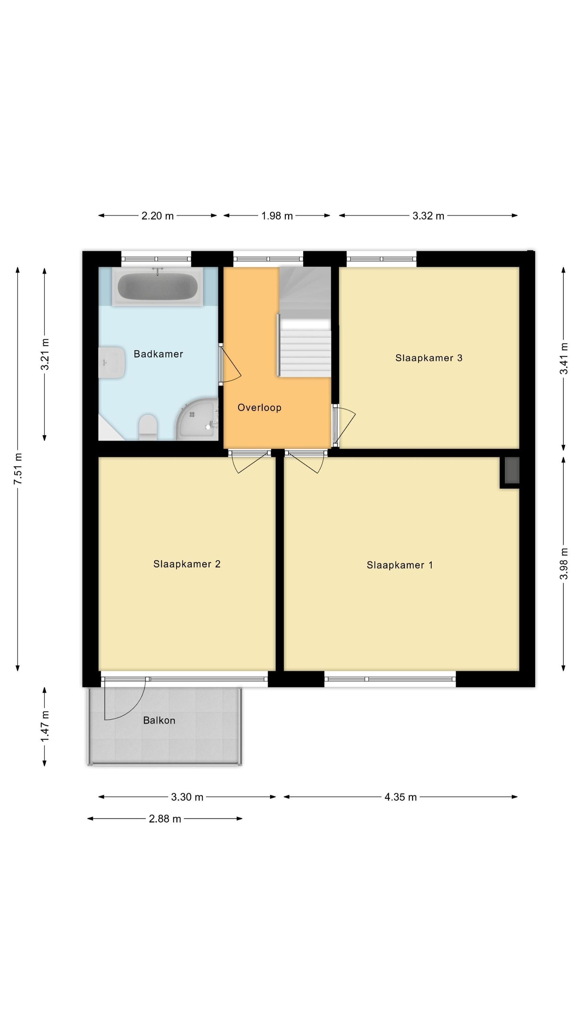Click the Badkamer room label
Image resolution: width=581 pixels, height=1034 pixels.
[158, 354]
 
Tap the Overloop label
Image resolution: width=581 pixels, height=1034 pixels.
[259, 407]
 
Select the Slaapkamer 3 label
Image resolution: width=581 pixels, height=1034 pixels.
[429, 358]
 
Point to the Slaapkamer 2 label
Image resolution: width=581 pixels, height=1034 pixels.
[187, 564]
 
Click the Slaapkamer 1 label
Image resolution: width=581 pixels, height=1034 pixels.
[400, 565]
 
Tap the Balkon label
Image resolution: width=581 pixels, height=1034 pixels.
[159, 720]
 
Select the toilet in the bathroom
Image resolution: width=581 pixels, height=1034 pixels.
[148, 427]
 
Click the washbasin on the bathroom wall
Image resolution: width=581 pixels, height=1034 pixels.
[112, 363]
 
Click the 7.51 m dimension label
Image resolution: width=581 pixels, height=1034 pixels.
[18, 468]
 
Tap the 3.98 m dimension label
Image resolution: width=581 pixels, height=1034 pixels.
[564, 564]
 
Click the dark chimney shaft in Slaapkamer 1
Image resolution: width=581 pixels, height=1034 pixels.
[511, 470]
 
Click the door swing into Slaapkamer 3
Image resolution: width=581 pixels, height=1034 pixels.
[345, 425]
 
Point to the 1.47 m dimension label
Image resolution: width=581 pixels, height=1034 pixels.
[45, 726]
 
